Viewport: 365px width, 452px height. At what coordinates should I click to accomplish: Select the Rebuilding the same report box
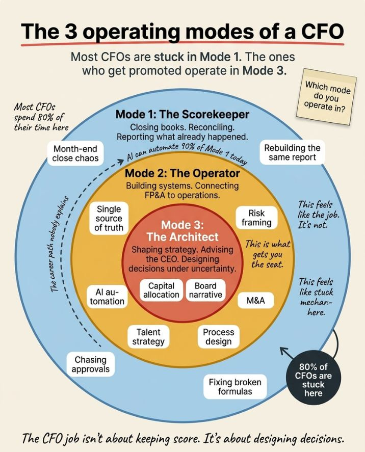(292, 153)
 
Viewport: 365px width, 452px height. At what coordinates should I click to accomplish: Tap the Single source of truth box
(109, 218)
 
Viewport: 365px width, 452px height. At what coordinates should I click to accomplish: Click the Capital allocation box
(161, 290)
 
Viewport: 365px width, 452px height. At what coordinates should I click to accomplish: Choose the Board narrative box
(205, 290)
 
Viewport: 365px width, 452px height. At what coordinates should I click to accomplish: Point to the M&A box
(255, 300)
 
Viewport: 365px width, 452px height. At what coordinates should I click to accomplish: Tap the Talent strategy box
(148, 336)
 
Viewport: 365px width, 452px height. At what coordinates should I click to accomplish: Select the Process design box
(218, 336)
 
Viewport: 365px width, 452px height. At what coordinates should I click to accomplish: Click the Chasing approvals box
(90, 364)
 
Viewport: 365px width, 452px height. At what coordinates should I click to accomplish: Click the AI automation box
(107, 297)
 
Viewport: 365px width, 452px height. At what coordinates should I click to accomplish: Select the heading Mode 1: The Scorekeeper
(182, 114)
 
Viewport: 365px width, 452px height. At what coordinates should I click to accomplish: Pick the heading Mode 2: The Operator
(182, 174)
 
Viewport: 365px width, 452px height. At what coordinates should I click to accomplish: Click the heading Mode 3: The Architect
(182, 230)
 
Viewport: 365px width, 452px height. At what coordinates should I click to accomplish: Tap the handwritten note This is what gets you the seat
(267, 254)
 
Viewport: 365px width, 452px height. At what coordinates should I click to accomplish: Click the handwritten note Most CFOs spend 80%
(41, 117)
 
